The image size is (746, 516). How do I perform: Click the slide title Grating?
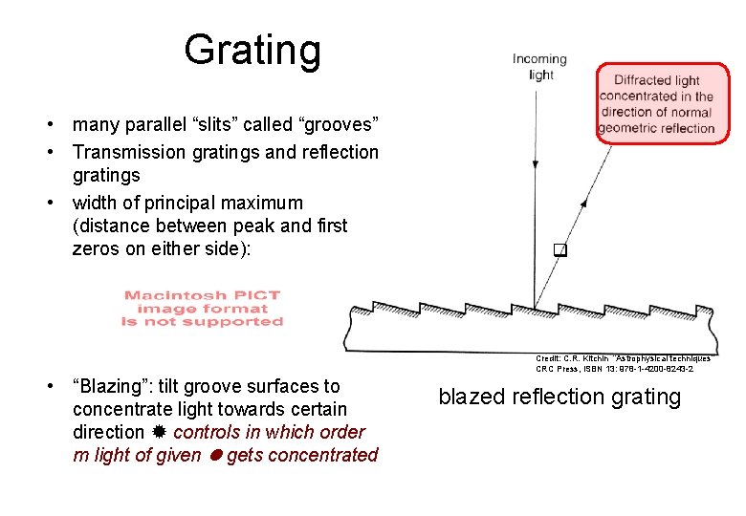coord(252,50)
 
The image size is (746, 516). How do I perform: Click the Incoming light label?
coord(539,67)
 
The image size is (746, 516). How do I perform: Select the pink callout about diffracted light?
coord(656,103)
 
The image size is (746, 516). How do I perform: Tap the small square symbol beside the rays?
coord(560,251)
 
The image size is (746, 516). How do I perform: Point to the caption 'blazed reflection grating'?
coord(559,397)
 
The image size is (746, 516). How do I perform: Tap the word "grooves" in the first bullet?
coord(340,124)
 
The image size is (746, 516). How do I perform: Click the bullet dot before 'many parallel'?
coord(59,125)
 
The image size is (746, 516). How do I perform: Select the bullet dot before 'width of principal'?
coord(59,204)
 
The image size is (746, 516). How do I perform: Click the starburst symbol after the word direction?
coord(159,432)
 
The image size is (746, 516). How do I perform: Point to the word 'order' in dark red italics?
coord(341,432)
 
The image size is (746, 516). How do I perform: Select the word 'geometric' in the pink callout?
coord(627,127)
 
